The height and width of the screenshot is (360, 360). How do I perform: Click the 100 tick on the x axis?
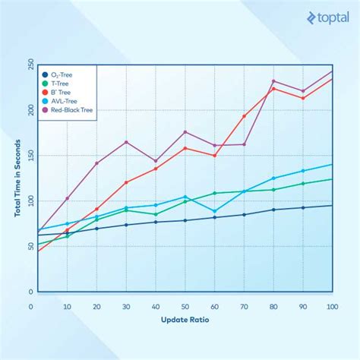[331, 306]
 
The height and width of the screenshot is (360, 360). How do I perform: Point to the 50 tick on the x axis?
[184, 306]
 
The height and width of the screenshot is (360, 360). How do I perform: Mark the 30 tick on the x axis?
[125, 306]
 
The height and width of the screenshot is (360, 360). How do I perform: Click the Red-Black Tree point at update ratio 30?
[125, 142]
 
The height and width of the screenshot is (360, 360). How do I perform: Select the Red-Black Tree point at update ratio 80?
[273, 81]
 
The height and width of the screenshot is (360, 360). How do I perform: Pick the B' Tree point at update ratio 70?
[244, 116]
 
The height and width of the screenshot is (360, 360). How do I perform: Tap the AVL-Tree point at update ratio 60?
[214, 211]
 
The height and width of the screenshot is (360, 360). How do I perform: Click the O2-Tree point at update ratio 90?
[303, 207]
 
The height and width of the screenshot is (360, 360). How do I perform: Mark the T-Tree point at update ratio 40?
[155, 214]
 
